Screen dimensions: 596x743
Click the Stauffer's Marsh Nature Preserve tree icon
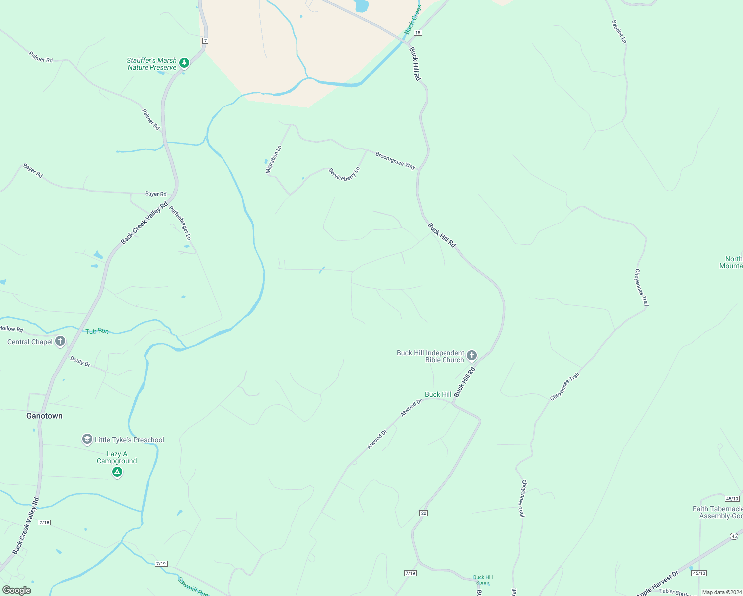184,63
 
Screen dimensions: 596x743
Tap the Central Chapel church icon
60,341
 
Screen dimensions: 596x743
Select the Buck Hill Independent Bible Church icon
472,356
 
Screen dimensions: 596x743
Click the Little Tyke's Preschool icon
87,439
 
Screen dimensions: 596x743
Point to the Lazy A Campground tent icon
117,472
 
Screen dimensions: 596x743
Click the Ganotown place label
44,416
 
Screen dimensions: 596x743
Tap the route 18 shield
418,33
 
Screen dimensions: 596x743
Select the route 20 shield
423,513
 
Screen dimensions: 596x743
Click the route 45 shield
734,536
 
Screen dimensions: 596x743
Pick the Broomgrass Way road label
395,161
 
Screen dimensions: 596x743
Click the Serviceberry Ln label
344,174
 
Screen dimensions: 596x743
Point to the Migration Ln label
273,159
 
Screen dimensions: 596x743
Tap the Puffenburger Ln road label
180,223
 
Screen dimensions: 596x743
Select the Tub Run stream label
97,331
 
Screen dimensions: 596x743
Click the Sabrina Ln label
619,32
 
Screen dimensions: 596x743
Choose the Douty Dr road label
80,361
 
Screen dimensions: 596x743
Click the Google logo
17,590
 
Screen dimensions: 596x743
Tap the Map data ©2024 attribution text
721,592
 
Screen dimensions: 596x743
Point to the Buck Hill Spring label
483,580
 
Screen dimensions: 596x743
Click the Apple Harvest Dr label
657,584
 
